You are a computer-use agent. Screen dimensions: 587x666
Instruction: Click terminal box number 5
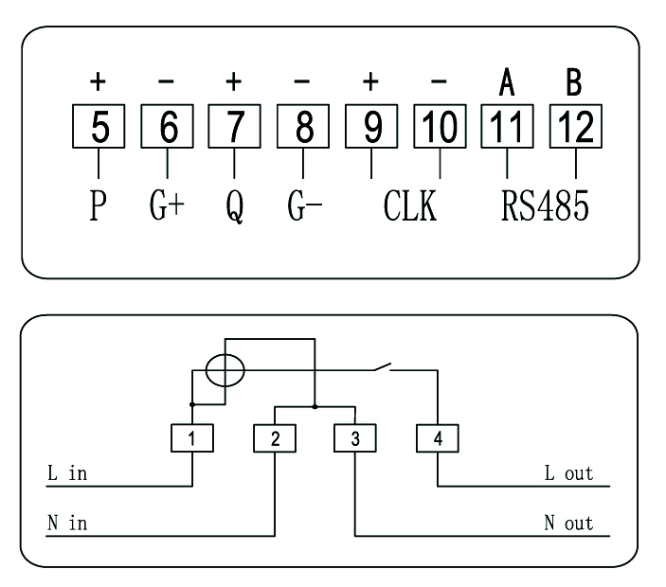[x=99, y=127]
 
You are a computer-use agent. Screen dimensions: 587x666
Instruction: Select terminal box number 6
[x=167, y=127]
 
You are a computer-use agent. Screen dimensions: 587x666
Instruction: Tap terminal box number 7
[x=235, y=127]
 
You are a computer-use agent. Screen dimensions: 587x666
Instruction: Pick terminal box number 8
[x=302, y=127]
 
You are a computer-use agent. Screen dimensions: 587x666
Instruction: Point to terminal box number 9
[x=370, y=127]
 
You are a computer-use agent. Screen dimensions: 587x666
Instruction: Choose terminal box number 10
[x=439, y=127]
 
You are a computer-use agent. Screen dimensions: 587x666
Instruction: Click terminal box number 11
[x=507, y=127]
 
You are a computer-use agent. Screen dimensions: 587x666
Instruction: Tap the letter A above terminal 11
[x=507, y=84]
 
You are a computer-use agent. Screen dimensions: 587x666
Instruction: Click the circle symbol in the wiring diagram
[x=225, y=369]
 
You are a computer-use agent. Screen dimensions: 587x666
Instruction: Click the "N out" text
[x=568, y=523]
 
